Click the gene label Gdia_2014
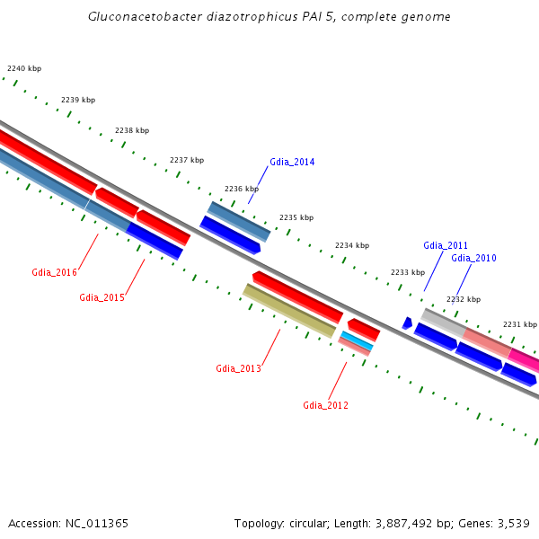click(x=292, y=163)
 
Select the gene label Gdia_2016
click(x=54, y=272)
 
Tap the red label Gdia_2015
click(x=102, y=297)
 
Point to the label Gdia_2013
click(x=238, y=368)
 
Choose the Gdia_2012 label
click(x=325, y=405)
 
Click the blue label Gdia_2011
click(x=446, y=245)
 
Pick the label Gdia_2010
click(x=473, y=258)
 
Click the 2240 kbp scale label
click(x=24, y=68)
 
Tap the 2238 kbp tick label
click(x=132, y=130)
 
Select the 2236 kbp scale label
click(x=242, y=189)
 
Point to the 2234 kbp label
click(x=352, y=245)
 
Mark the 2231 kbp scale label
click(x=519, y=324)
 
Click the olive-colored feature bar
click(x=289, y=311)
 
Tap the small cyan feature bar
click(x=357, y=340)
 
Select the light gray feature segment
click(x=442, y=321)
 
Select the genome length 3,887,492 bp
click(x=394, y=523)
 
